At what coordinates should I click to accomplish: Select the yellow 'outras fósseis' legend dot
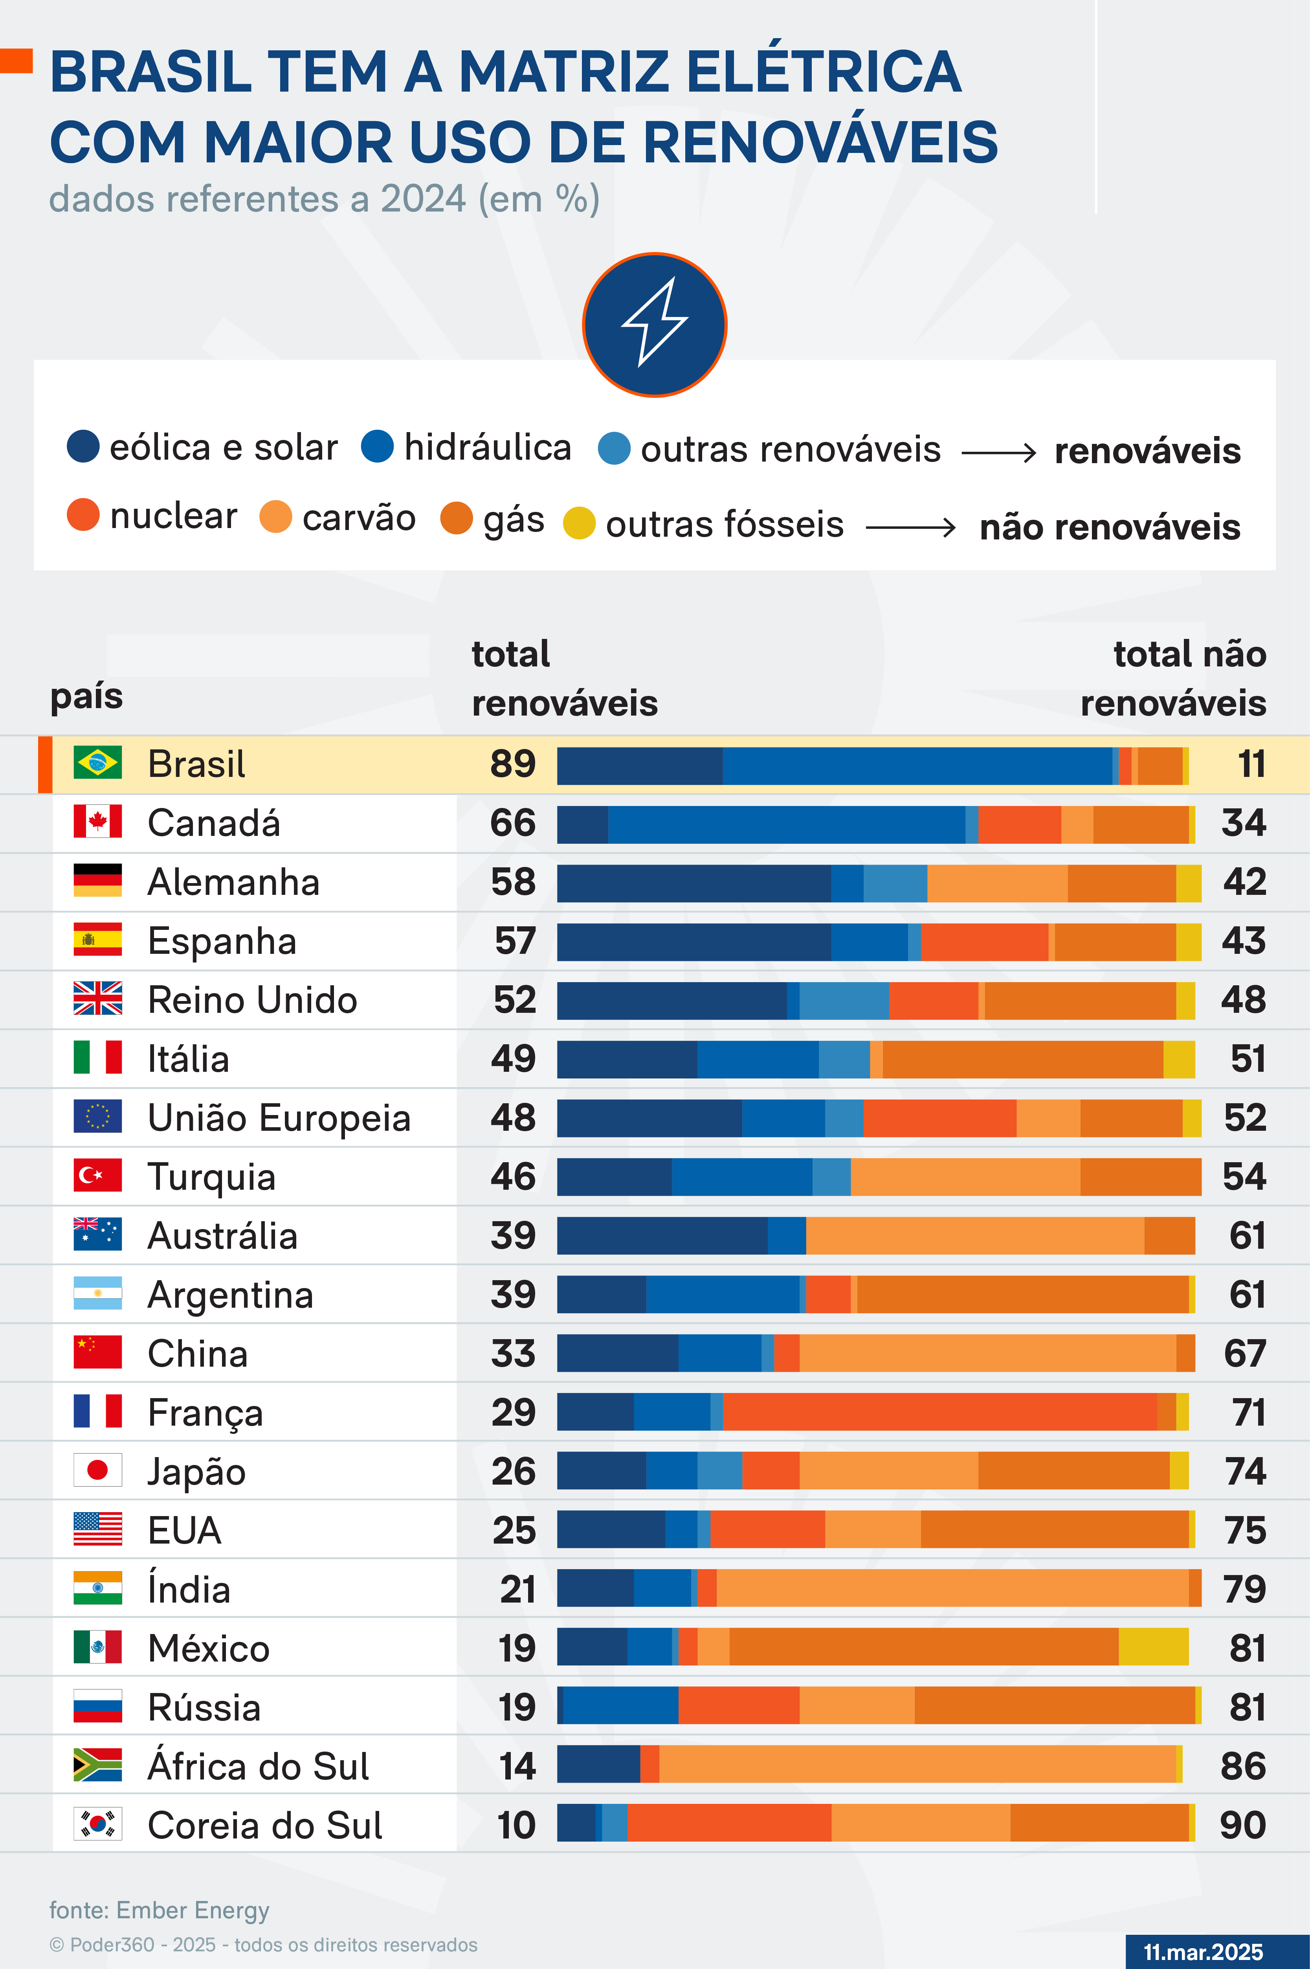579,523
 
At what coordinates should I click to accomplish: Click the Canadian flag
98,822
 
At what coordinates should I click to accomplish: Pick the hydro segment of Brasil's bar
917,766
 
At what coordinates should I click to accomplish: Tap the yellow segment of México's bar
1153,1647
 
